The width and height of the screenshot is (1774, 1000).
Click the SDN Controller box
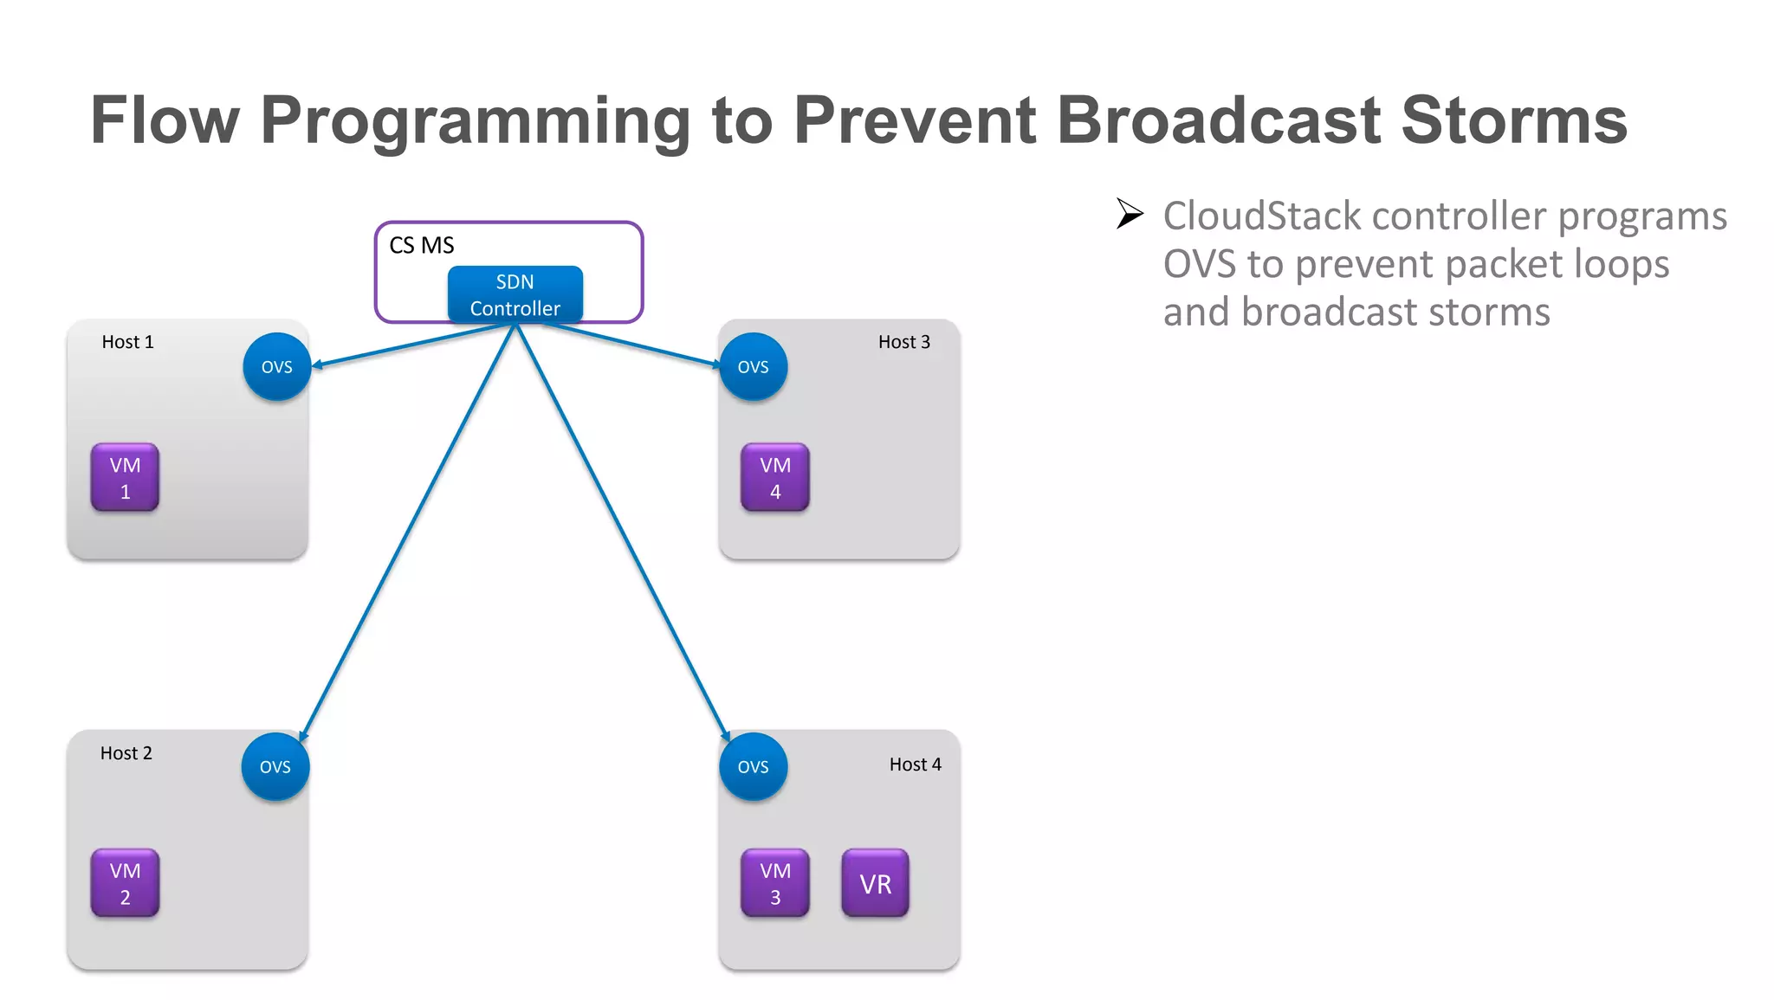click(x=515, y=294)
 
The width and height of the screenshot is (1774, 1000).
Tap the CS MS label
click(x=421, y=246)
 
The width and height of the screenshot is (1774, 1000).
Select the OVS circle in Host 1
click(x=276, y=367)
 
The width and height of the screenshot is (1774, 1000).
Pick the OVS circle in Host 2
click(x=275, y=767)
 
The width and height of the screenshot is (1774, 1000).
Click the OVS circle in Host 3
click(x=753, y=367)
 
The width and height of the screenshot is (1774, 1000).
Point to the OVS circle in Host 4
click(x=753, y=767)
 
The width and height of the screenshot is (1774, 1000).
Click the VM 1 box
click(x=125, y=478)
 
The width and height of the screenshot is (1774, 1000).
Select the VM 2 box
click(x=125, y=883)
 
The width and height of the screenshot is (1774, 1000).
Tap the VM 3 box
click(x=774, y=883)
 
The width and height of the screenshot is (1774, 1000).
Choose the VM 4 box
click(x=774, y=478)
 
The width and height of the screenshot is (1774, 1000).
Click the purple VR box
click(x=875, y=883)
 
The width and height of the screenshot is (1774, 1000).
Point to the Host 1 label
click(x=127, y=342)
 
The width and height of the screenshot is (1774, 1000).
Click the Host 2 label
click(x=126, y=753)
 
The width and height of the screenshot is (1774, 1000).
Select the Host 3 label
click(x=903, y=342)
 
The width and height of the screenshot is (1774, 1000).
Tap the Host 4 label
click(x=915, y=765)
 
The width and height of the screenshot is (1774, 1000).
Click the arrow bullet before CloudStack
click(x=1130, y=213)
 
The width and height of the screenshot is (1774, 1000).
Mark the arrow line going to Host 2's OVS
click(x=407, y=532)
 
